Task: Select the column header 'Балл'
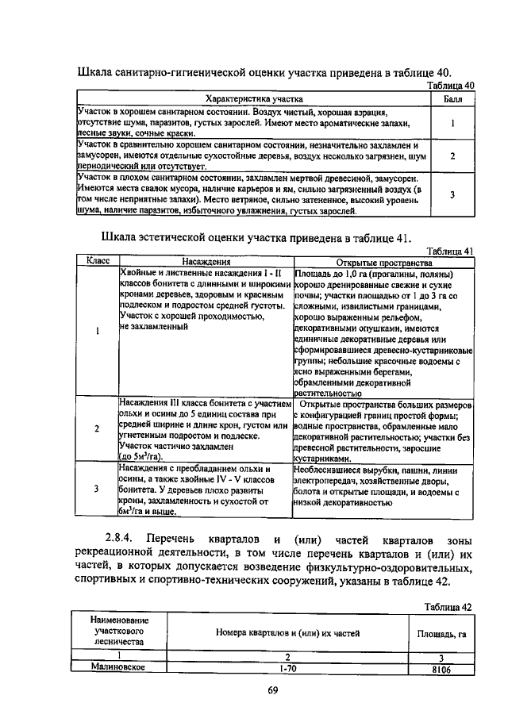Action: click(452, 99)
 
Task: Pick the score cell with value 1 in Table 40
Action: click(452, 124)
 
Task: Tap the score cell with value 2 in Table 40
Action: click(452, 156)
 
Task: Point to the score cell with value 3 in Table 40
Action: click(452, 194)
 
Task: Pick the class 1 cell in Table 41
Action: click(96, 332)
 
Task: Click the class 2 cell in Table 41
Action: click(96, 429)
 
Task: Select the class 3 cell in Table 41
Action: click(96, 490)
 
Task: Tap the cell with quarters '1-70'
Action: click(287, 668)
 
